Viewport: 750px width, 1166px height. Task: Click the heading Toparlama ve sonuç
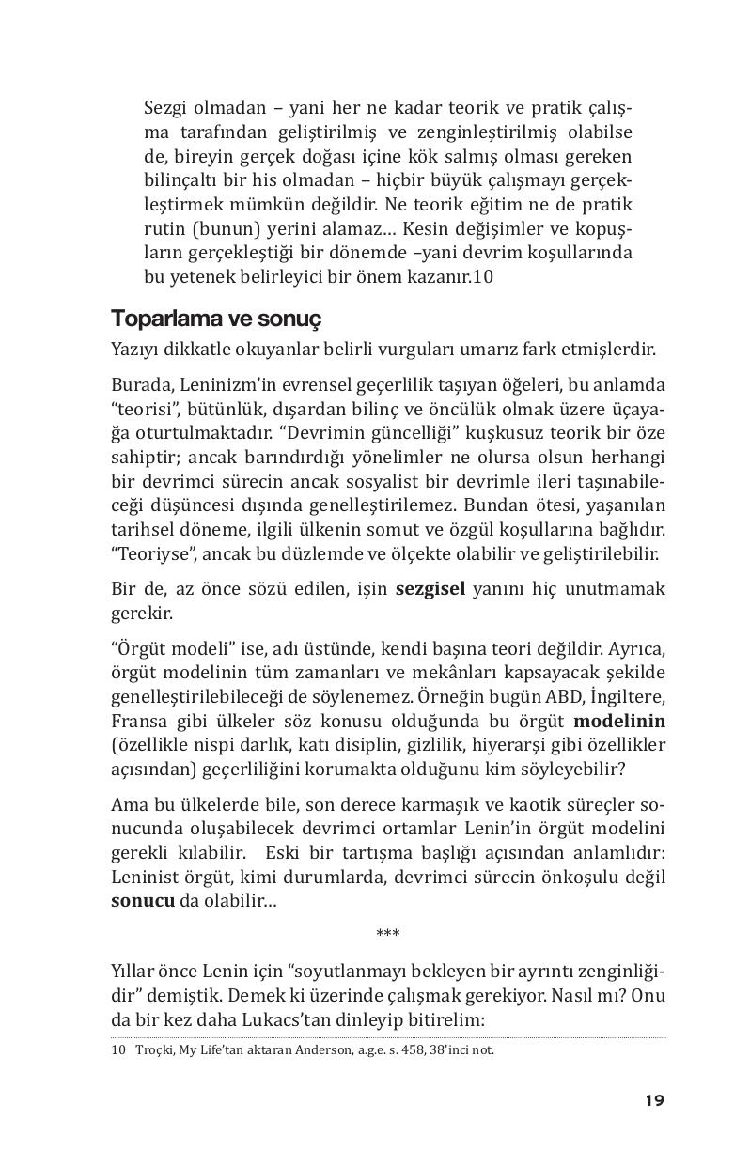coord(216,318)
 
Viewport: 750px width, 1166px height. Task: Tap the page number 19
coord(655,1100)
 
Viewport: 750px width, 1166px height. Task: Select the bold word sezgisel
coord(430,589)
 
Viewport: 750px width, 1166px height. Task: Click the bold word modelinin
coord(618,722)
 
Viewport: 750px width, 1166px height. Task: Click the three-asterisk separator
coord(387,934)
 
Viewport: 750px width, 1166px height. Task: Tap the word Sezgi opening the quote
coord(165,107)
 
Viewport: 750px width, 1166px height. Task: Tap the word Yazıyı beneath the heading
coord(133,350)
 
